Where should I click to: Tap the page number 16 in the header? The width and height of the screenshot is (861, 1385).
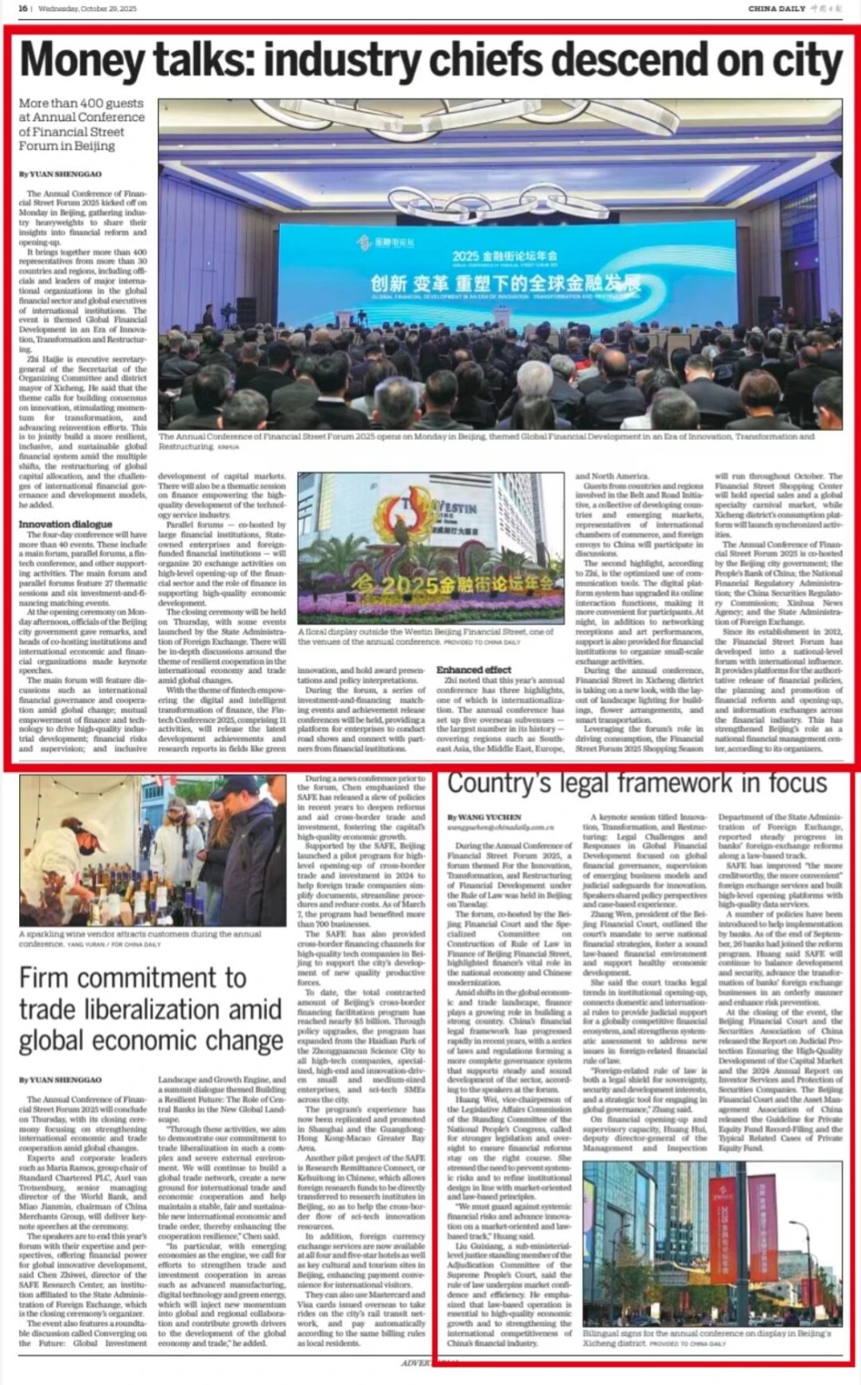click(x=23, y=8)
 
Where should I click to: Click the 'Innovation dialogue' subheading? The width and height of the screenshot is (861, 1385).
click(x=65, y=525)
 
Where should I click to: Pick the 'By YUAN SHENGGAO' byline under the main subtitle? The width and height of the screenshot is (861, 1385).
click(x=60, y=174)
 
